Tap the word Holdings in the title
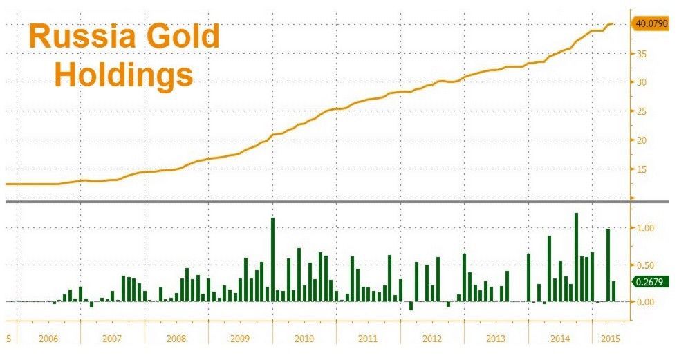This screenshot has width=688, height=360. coord(124,74)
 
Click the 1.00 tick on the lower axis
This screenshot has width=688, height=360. coord(644,228)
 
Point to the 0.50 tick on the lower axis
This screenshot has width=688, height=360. coord(644,265)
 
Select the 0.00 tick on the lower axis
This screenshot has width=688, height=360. coord(644,302)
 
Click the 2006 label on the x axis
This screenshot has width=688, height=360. coord(48,339)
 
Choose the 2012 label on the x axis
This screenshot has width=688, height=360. coord(432,339)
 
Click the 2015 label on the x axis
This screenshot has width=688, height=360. coord(610,339)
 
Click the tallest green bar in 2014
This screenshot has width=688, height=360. coord(576,257)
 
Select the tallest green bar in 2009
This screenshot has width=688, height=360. coord(272,259)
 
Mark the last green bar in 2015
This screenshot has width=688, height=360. coord(613,291)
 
